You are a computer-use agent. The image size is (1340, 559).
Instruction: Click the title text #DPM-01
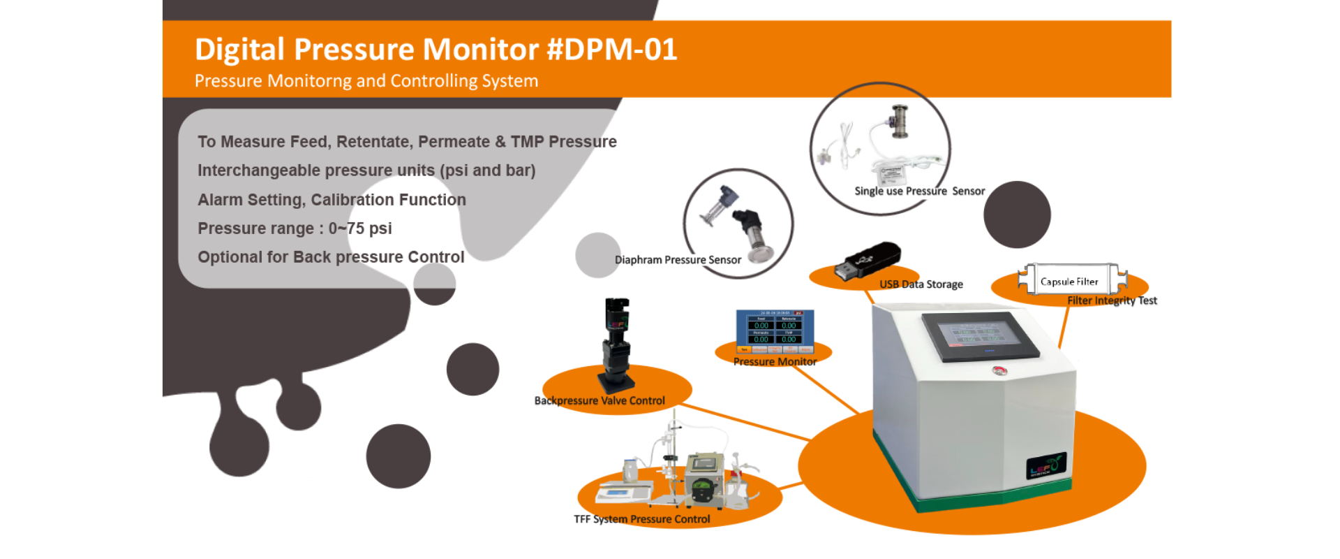612,50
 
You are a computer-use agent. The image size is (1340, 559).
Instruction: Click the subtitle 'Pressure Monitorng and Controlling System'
366,81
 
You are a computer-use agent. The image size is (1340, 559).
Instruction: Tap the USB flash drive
868,261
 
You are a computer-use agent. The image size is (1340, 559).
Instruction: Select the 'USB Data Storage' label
921,284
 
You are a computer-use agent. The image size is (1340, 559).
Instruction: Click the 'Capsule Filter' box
1069,281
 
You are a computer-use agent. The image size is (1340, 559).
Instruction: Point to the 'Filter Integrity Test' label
1112,300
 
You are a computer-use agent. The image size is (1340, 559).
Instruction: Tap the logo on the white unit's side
1045,465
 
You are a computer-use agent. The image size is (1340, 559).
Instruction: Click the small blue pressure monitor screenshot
775,331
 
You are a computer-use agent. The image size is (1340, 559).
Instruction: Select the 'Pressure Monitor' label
775,362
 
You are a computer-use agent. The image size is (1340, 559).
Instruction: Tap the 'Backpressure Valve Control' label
600,401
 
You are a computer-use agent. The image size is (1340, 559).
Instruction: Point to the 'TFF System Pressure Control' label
641,519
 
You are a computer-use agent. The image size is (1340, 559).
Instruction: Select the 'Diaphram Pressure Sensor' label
678,260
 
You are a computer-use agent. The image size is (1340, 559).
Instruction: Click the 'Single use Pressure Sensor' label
919,191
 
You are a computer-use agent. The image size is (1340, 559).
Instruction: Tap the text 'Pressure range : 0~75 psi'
295,228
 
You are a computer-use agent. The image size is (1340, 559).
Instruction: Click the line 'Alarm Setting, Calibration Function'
332,200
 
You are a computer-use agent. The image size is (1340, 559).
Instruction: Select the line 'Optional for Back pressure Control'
331,257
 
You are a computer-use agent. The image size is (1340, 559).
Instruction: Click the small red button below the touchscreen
999,370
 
